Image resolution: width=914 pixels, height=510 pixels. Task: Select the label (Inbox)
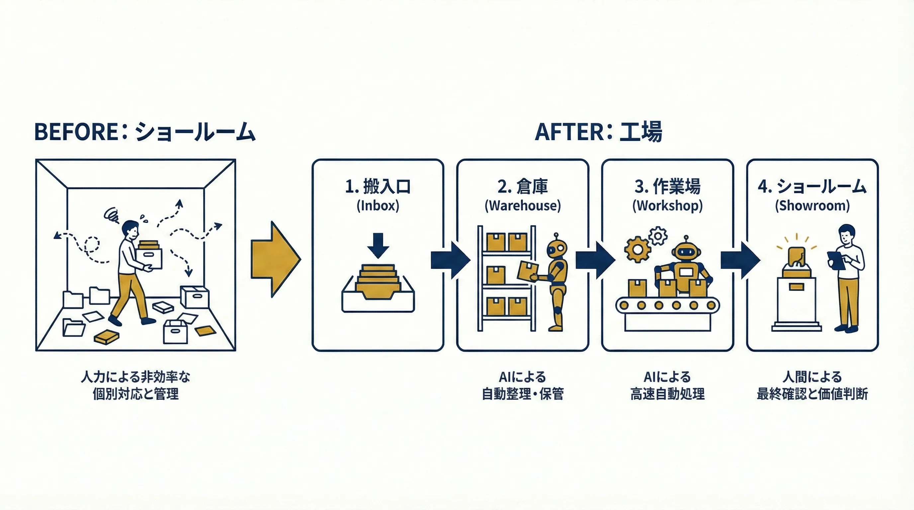378,206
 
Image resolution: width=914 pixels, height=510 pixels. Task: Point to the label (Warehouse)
523,206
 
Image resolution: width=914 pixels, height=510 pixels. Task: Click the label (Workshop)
668,206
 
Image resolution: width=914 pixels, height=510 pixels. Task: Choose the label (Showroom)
812,206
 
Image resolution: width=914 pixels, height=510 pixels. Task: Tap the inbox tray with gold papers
378,291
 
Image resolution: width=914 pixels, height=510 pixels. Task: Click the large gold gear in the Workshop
638,250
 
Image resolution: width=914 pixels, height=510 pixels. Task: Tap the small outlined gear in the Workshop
658,235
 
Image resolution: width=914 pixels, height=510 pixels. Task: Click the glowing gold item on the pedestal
796,257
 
